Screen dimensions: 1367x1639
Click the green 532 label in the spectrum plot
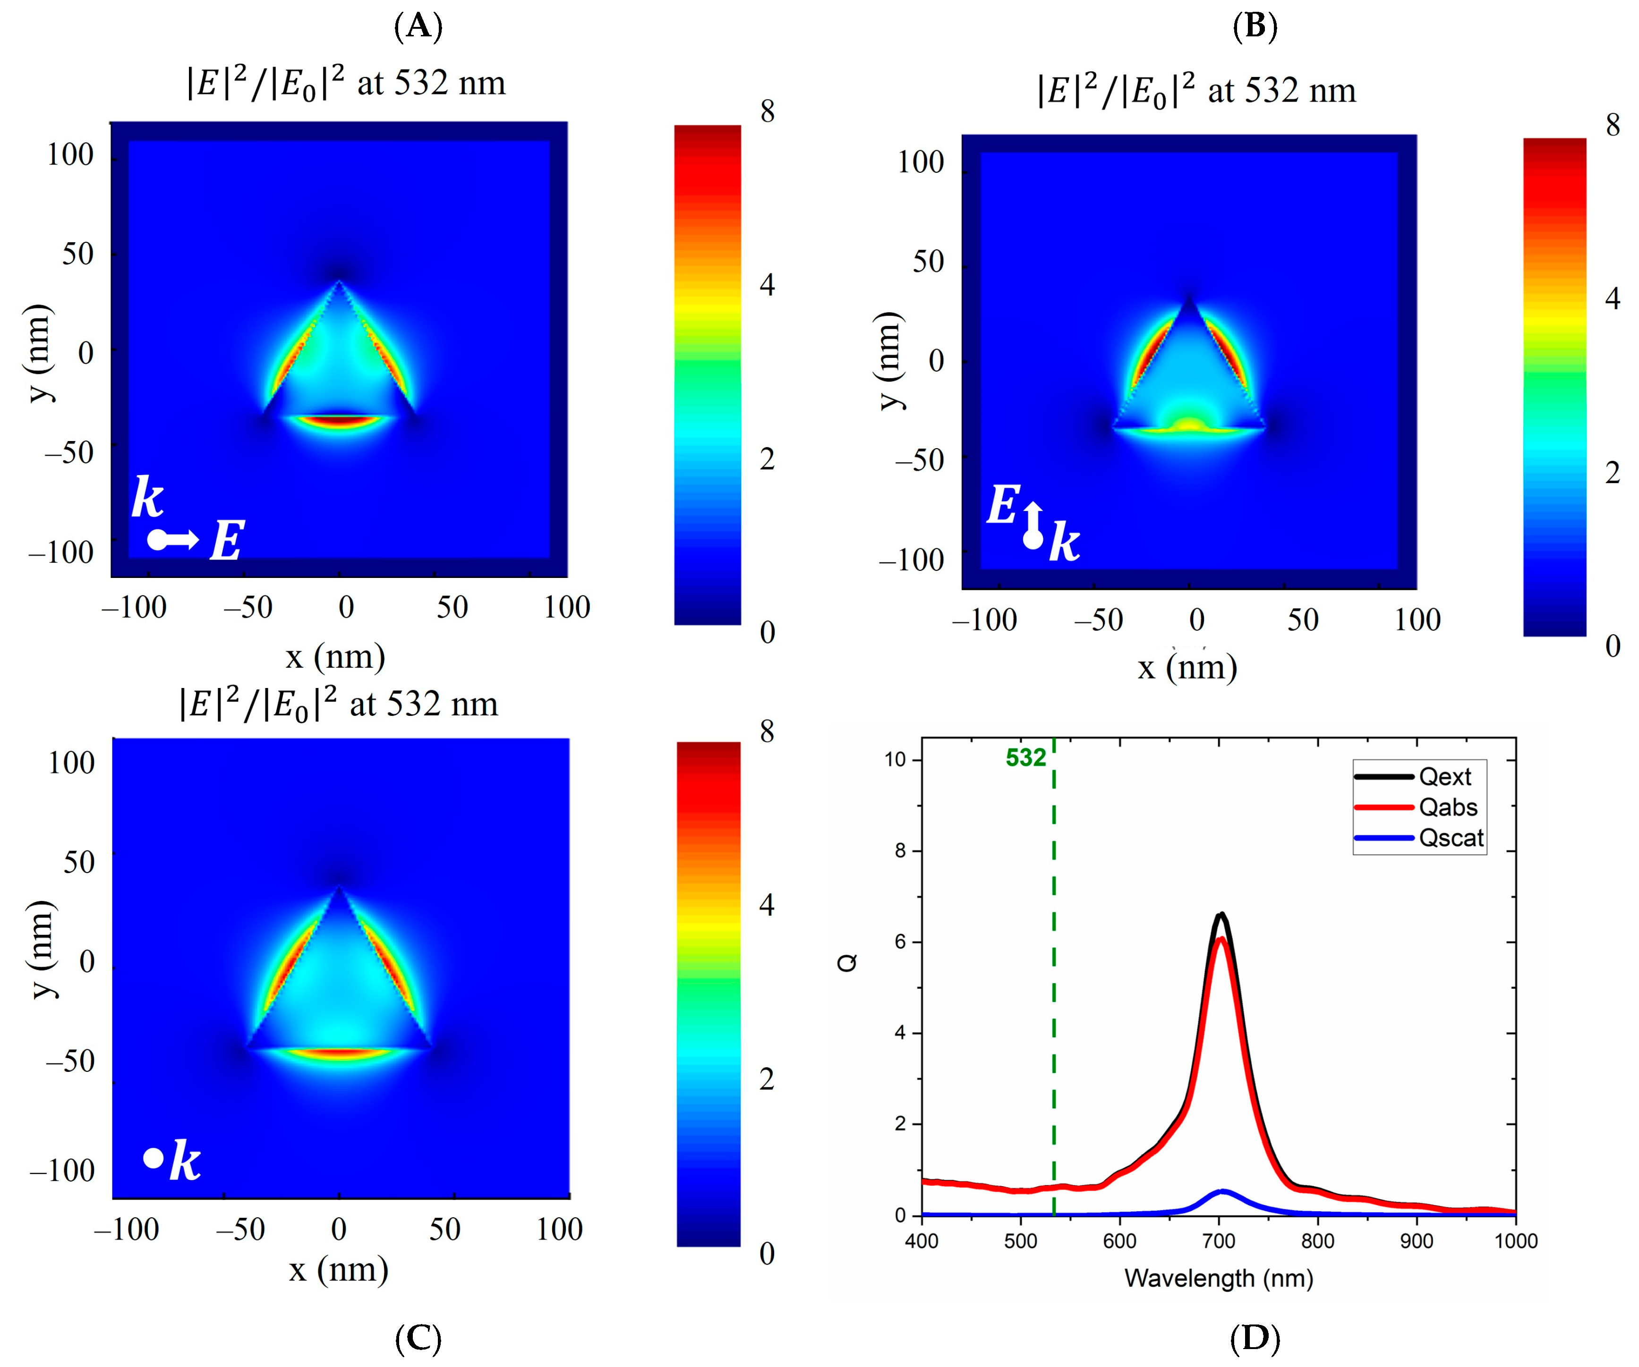pyautogui.click(x=1025, y=757)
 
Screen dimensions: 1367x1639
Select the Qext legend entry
pyautogui.click(x=1444, y=777)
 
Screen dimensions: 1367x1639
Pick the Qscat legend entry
pyautogui.click(x=1450, y=838)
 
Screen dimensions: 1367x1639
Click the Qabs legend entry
pyautogui.click(x=1448, y=807)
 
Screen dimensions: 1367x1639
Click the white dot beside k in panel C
pyautogui.click(x=153, y=1158)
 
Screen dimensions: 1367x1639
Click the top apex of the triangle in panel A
pyautogui.click(x=339, y=282)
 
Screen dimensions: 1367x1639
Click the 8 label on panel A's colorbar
pyautogui.click(x=767, y=111)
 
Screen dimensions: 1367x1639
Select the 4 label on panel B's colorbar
pyautogui.click(x=1612, y=298)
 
